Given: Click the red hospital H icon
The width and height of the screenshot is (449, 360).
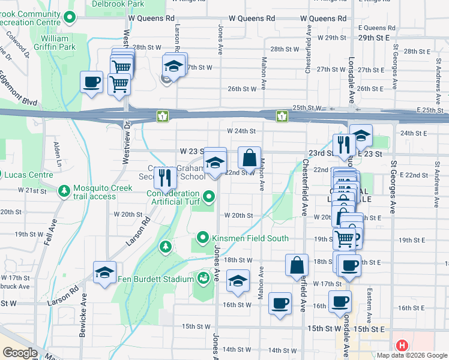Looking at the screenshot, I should pos(402,346).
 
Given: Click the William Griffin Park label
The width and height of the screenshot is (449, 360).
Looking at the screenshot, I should pos(58,42).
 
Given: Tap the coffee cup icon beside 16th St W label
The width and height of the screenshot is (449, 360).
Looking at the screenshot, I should pos(280,303).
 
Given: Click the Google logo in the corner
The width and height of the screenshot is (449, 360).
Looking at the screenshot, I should pos(20,353).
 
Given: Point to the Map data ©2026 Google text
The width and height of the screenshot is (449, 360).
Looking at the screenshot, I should pos(412,355).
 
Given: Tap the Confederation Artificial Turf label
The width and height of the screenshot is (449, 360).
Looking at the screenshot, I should pos(173,197).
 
